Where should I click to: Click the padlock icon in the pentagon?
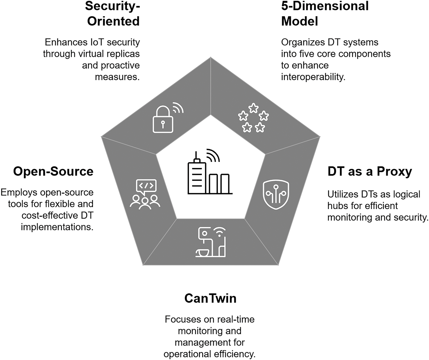click(x=163, y=120)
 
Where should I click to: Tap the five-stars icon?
click(x=253, y=118)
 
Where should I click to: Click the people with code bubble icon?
click(x=145, y=194)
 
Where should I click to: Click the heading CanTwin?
click(x=210, y=298)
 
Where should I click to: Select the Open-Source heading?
click(x=53, y=171)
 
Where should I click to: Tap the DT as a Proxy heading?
click(x=369, y=171)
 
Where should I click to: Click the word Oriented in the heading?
click(x=113, y=21)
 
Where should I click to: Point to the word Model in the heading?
click(x=300, y=21)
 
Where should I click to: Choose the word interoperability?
click(x=313, y=77)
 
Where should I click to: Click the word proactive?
click(x=120, y=65)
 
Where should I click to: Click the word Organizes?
click(x=302, y=42)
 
